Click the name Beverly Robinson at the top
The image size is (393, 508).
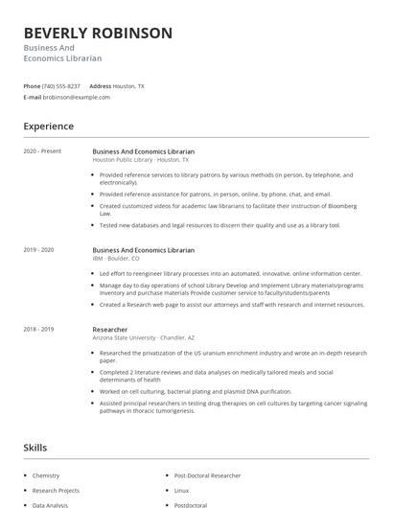tap(98, 34)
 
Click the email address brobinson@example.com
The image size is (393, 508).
tap(77, 97)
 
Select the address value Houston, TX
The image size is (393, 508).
tap(128, 86)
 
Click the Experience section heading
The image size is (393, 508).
tap(48, 127)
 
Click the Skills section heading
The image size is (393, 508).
tap(35, 448)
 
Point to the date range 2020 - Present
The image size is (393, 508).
tap(42, 151)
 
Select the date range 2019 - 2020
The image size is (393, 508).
tap(39, 250)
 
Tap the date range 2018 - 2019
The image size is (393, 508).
tap(39, 330)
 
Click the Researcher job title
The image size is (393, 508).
tap(110, 330)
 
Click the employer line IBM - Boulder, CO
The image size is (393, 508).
tap(116, 258)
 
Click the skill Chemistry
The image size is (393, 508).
tap(46, 475)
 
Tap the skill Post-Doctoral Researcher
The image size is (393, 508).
tap(207, 475)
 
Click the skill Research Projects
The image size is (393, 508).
tap(56, 490)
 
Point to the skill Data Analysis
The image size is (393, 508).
tap(50, 504)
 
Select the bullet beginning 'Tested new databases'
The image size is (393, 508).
tap(220, 225)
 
